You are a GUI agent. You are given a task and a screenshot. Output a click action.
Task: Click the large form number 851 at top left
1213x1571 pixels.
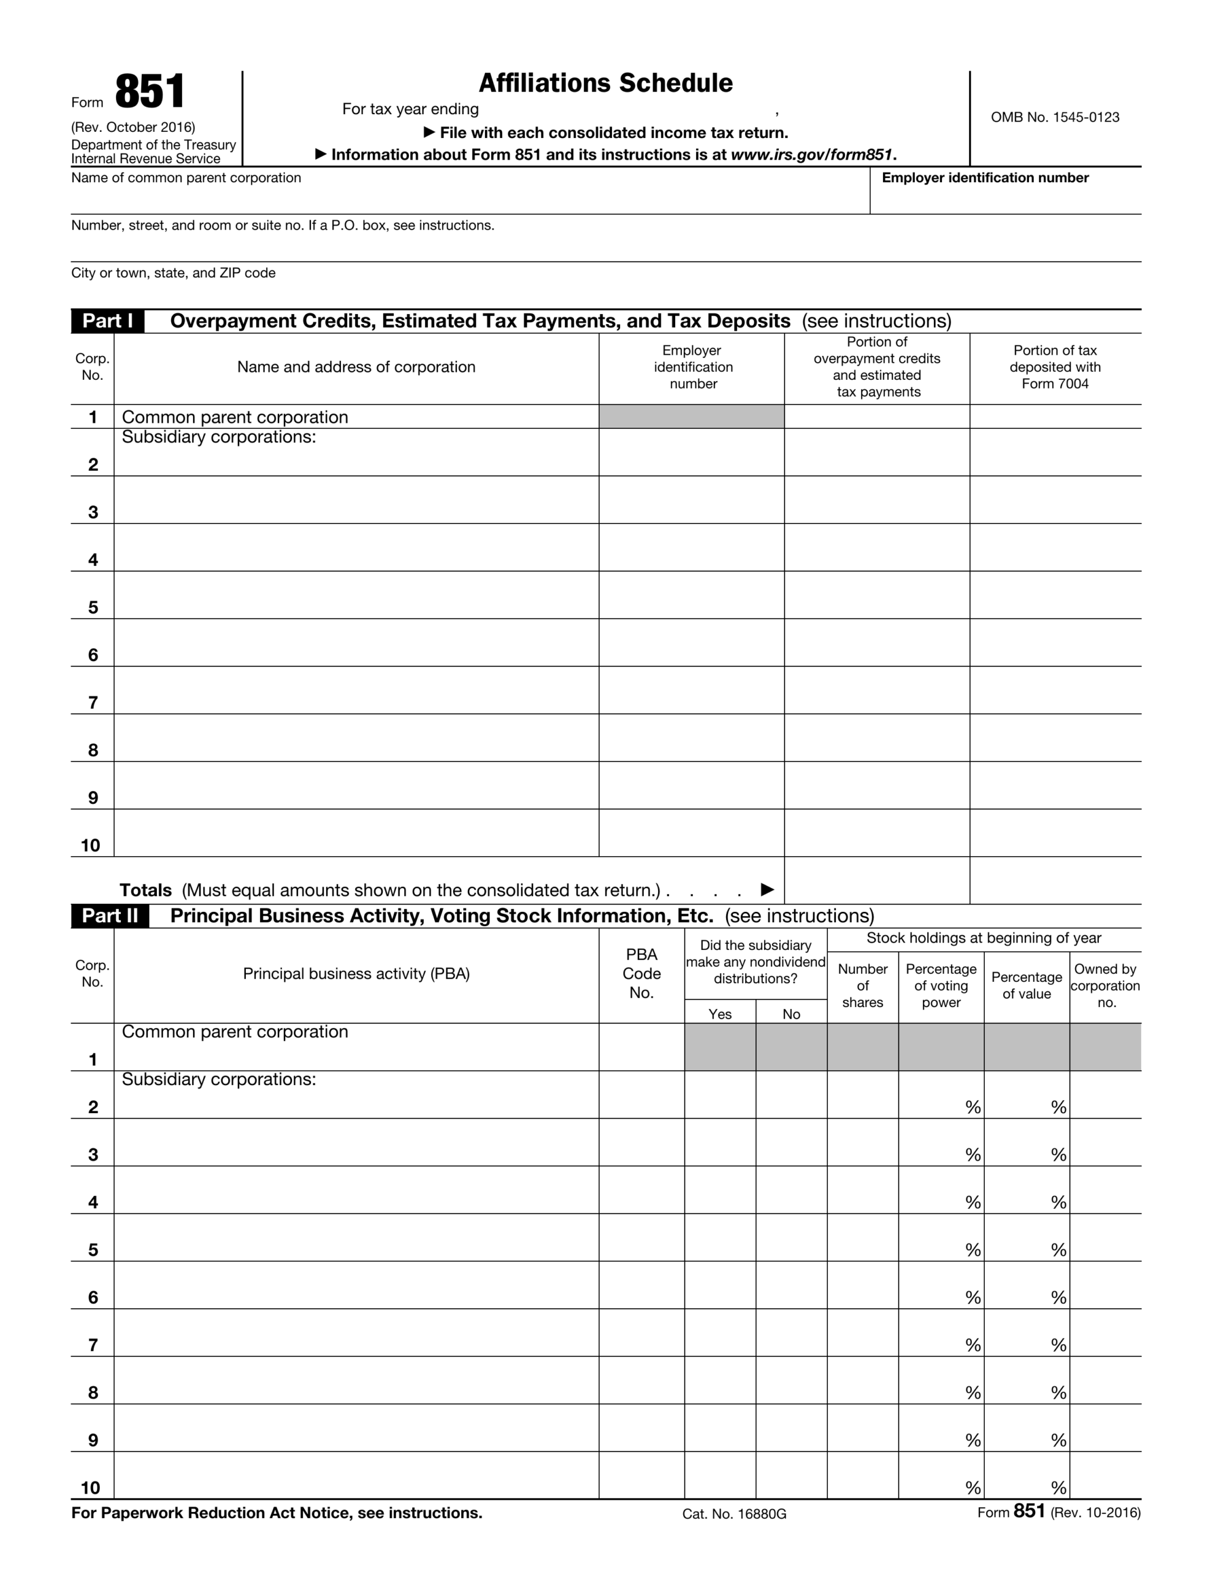point(150,92)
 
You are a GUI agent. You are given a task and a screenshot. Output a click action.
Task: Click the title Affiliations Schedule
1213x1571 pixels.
point(605,83)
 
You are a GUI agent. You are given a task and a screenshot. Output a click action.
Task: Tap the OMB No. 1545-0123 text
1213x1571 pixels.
point(1054,117)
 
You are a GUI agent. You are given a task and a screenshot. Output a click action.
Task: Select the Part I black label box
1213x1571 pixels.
point(107,321)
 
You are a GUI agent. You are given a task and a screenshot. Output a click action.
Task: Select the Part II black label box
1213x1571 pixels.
point(110,916)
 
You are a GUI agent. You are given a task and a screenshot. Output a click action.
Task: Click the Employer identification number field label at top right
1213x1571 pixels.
point(984,178)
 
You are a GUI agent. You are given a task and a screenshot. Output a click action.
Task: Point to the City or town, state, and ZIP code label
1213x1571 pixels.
point(174,272)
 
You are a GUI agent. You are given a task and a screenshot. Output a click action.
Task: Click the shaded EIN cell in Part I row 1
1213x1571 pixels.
point(691,417)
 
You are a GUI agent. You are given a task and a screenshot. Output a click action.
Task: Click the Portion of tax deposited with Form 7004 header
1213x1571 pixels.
point(1054,367)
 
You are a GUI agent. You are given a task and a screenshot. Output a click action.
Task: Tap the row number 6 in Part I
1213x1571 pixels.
point(93,655)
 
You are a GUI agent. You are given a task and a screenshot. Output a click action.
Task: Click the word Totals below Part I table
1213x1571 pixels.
point(145,890)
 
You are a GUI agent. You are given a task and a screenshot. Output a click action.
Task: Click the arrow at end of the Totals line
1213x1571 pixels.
point(767,889)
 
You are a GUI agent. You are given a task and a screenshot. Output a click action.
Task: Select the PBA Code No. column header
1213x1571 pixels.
point(641,973)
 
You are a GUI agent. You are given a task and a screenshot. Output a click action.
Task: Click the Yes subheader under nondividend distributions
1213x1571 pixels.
point(720,1014)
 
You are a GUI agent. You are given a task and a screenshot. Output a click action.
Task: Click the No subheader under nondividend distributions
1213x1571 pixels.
point(791,1014)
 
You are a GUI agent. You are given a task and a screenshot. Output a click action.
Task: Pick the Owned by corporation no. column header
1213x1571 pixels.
point(1105,986)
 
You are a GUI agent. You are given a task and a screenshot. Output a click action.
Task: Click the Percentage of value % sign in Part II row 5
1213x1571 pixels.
point(1058,1250)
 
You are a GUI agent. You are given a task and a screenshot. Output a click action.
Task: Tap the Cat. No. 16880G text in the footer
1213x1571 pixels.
point(734,1514)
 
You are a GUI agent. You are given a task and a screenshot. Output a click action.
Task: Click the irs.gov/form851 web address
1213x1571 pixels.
point(811,155)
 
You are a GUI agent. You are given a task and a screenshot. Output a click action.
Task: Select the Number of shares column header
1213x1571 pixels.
point(862,986)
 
